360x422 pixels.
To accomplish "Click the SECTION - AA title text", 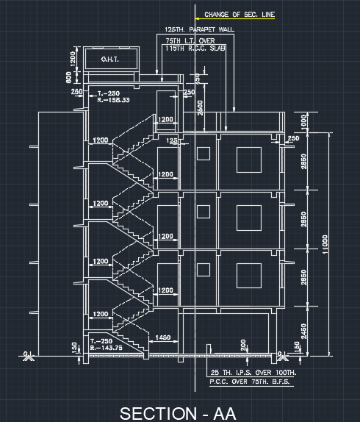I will pyautogui.click(x=179, y=412).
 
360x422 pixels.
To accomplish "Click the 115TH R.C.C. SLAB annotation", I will pyautogui.click(x=195, y=48).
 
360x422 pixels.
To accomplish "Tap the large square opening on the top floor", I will pyautogui.click(x=248, y=159).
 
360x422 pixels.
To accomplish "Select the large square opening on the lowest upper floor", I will pyautogui.click(x=248, y=277).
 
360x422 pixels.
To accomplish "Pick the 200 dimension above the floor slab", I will pyautogui.click(x=243, y=345).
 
